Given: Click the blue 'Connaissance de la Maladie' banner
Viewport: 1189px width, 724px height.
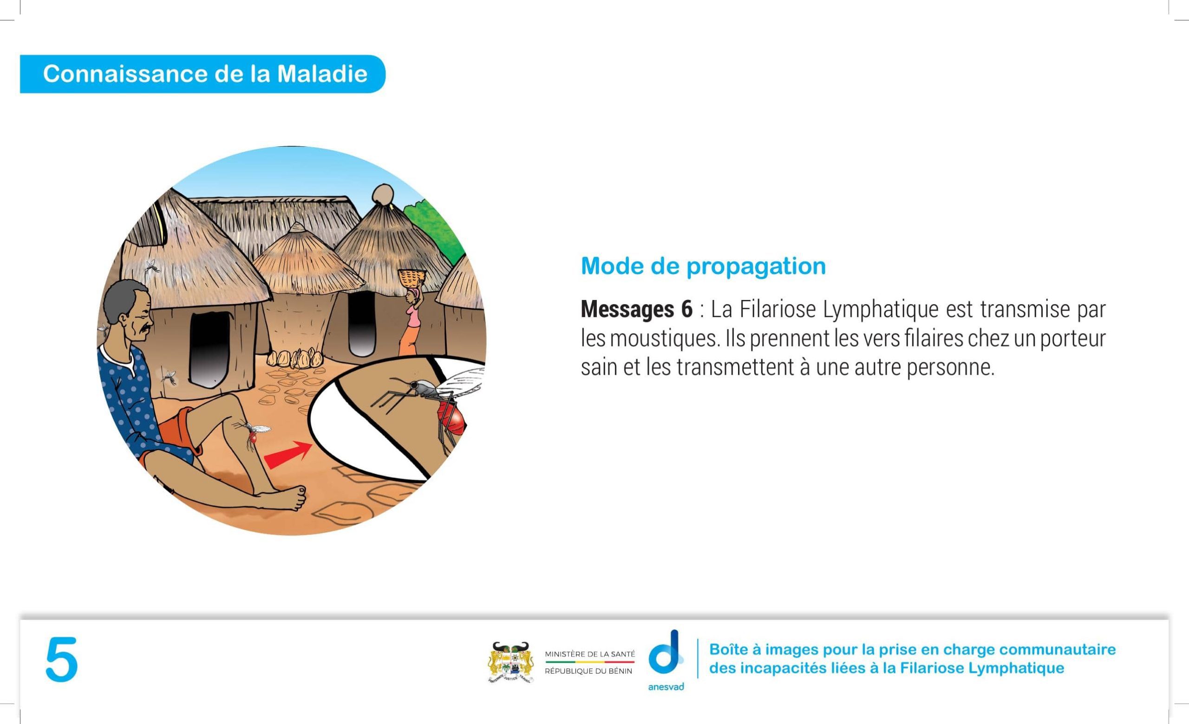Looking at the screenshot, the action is (203, 74).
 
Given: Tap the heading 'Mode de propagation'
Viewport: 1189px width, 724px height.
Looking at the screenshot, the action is (703, 266).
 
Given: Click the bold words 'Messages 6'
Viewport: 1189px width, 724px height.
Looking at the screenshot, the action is (636, 309).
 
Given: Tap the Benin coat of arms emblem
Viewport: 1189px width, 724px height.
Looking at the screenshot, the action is (510, 662).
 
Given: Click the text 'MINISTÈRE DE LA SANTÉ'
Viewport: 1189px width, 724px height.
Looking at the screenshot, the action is (590, 654).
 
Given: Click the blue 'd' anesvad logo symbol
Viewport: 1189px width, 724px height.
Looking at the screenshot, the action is (666, 652).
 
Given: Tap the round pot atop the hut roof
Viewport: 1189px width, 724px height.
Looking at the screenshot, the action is (384, 195).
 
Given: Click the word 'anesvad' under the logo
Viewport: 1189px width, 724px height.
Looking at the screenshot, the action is (666, 686).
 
